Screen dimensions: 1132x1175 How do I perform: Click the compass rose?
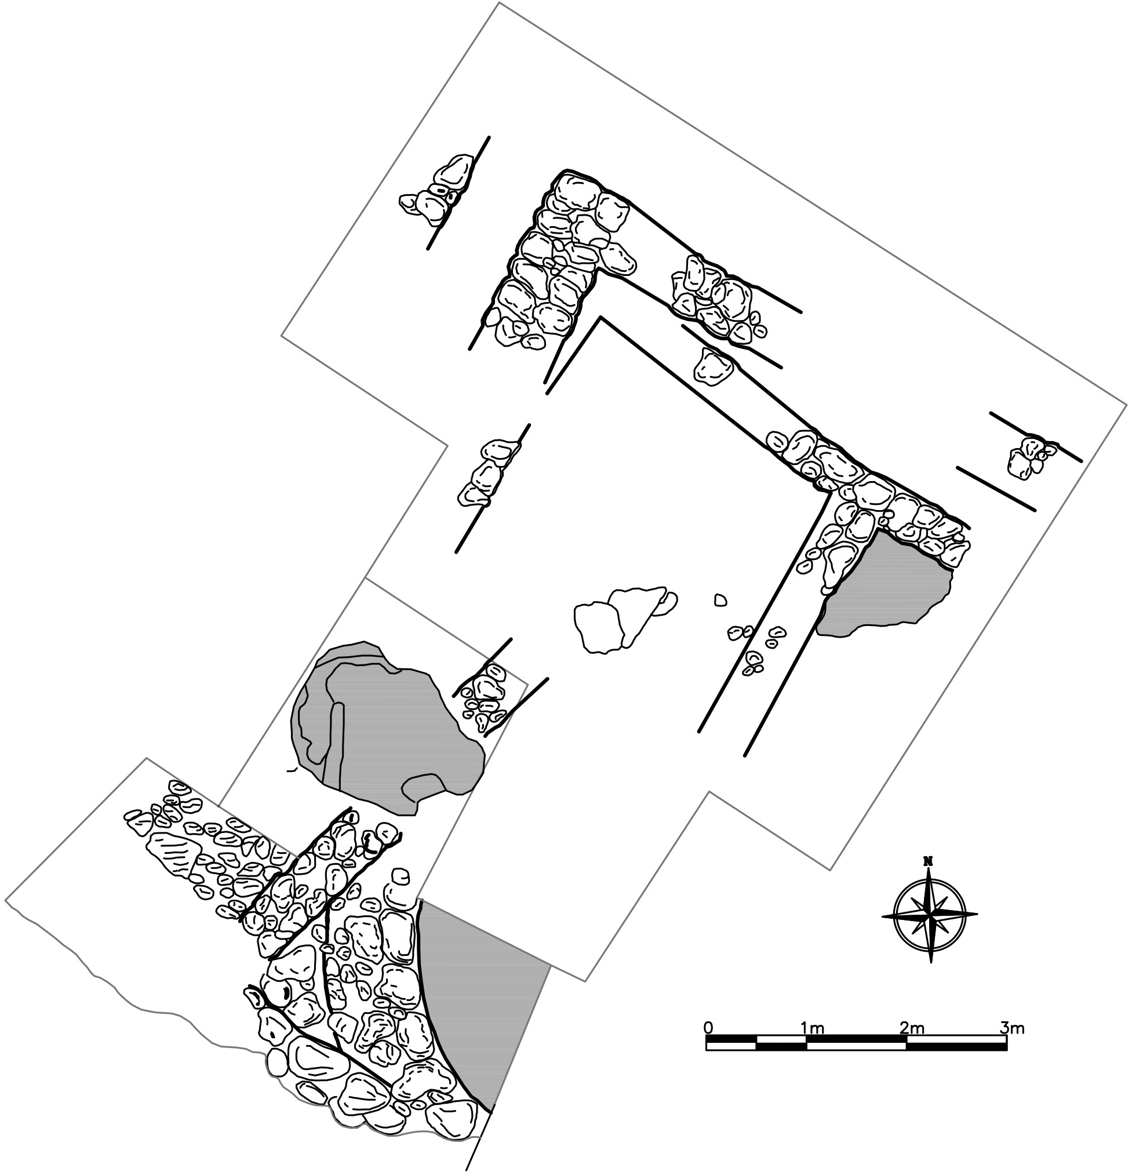[x=929, y=915]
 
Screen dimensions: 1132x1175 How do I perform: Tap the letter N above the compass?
[x=929, y=861]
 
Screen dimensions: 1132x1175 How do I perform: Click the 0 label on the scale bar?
[x=709, y=1028]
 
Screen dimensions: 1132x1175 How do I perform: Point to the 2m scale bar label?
[x=912, y=1028]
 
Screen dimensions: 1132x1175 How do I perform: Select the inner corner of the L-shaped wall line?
[x=600, y=317]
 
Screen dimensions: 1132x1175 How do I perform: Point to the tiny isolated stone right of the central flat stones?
[x=720, y=599]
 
